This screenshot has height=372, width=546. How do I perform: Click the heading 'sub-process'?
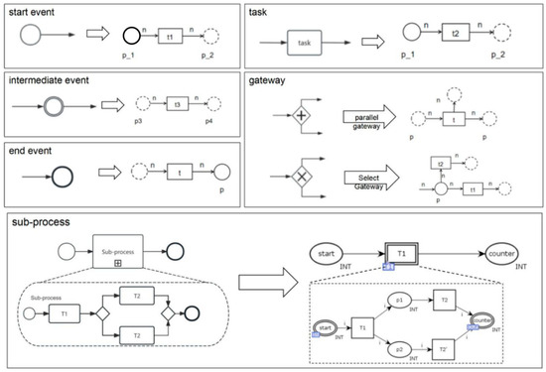[x=37, y=224]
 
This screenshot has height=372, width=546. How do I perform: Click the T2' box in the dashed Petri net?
[x=445, y=350]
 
